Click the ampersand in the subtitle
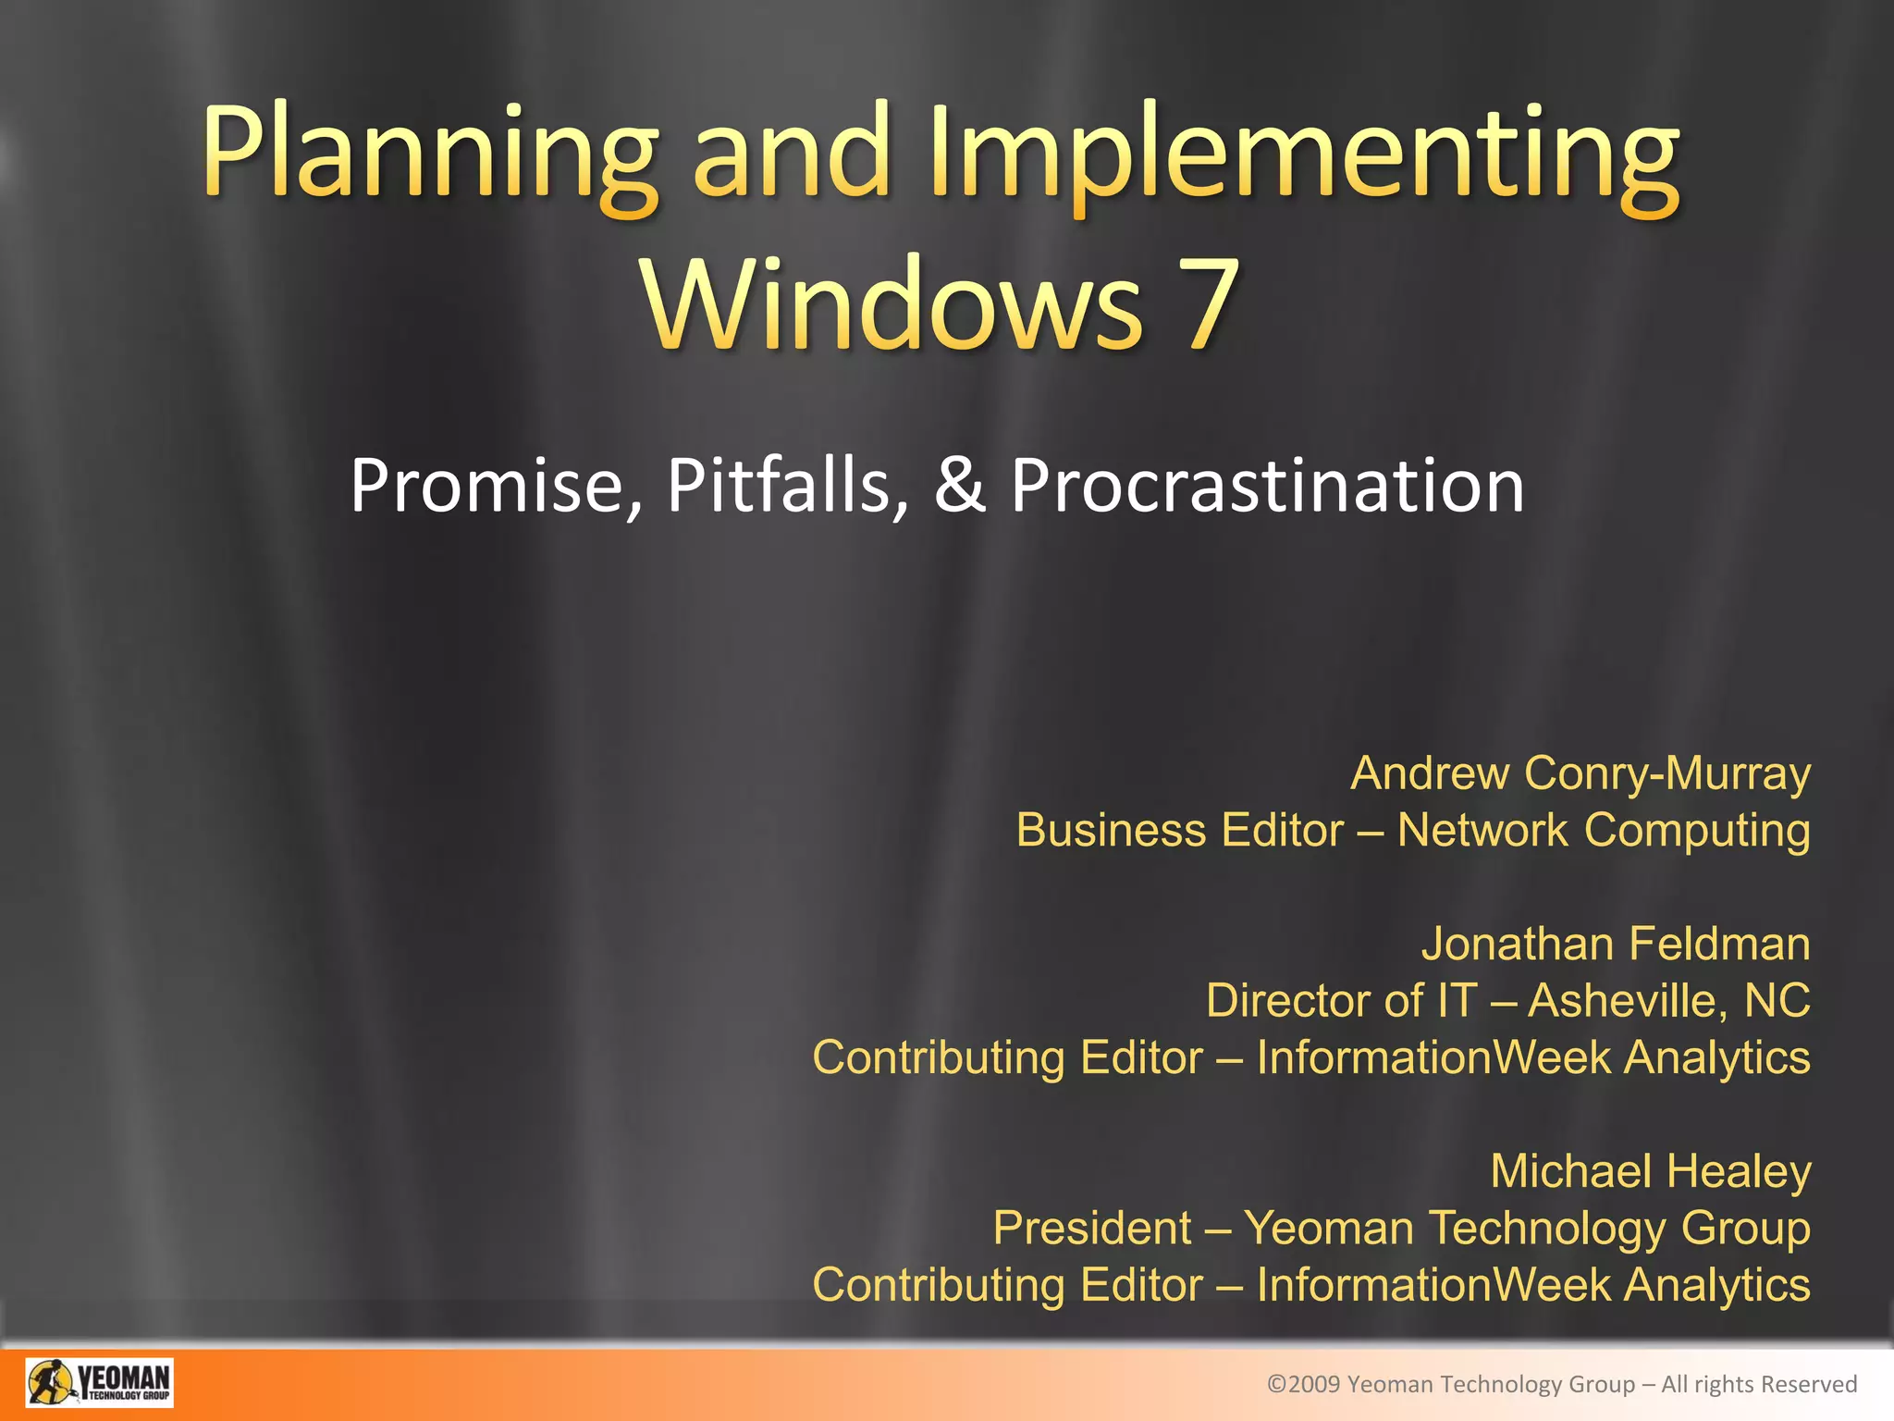(x=959, y=487)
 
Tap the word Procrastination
(x=1267, y=487)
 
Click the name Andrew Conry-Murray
(x=1580, y=773)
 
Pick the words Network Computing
(x=1603, y=830)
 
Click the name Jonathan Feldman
(x=1615, y=945)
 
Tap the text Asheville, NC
(x=1668, y=1001)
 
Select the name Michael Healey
(x=1650, y=1171)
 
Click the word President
(x=1092, y=1229)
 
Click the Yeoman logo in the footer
(x=99, y=1383)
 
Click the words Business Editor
(x=1179, y=830)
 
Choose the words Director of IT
(x=1341, y=1001)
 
